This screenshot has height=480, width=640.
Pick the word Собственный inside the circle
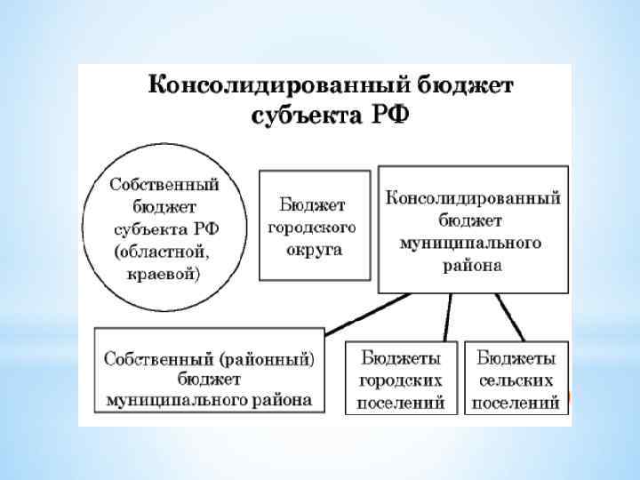(x=164, y=184)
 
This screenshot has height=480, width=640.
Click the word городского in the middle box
(x=312, y=227)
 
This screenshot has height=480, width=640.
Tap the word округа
(x=312, y=249)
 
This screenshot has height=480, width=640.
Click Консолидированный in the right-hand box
(x=472, y=197)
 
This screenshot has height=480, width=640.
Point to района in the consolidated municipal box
(x=472, y=265)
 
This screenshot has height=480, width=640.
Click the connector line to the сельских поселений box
(x=508, y=316)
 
